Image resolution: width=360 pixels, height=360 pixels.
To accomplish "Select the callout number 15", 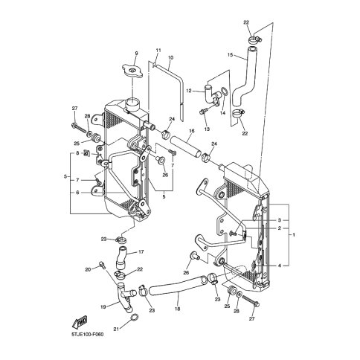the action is (230, 55).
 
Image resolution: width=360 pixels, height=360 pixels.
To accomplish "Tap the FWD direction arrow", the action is (80, 322).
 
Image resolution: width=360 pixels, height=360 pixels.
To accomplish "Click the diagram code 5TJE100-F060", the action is (88, 335).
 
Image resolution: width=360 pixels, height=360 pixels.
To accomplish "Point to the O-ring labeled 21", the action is (134, 318).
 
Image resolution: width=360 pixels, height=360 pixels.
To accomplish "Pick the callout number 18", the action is (178, 309).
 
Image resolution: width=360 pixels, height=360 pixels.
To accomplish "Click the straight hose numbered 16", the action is (185, 147).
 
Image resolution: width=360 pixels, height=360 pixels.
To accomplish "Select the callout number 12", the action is (189, 91).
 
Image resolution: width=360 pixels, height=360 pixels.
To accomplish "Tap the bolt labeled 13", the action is (202, 112).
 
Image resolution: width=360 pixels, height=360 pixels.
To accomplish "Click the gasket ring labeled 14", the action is (224, 91).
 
